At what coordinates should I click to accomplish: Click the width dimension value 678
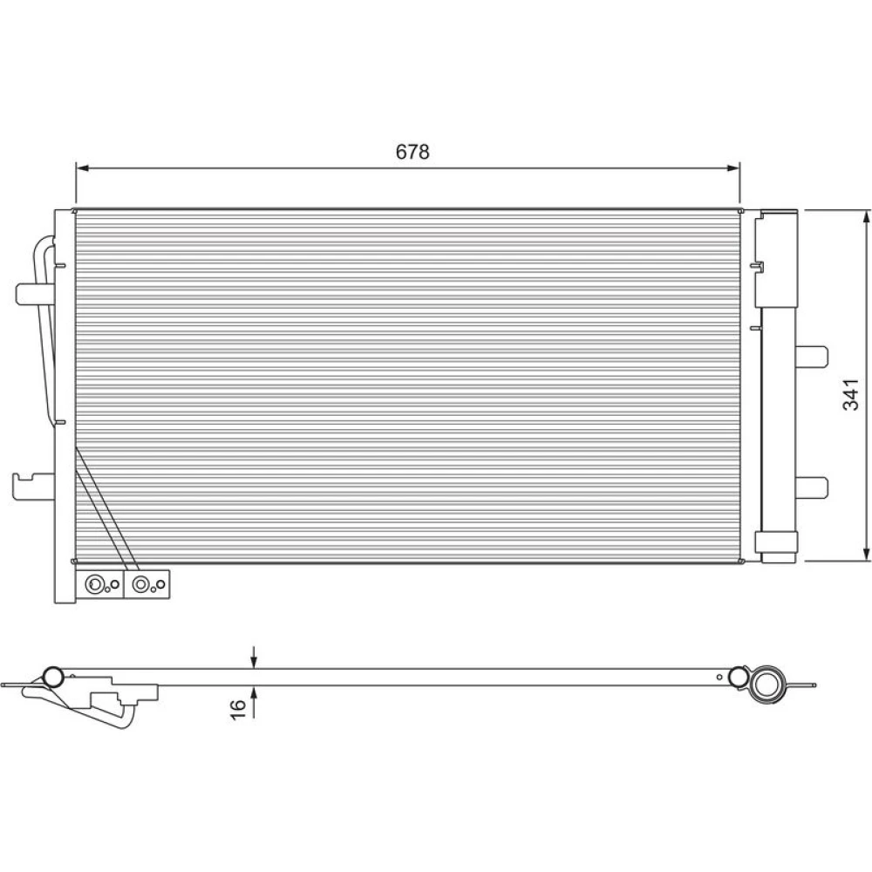[x=412, y=152]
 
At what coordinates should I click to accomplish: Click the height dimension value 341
[x=850, y=394]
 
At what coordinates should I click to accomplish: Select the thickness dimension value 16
[x=238, y=709]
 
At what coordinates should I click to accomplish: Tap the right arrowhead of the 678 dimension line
[x=733, y=167]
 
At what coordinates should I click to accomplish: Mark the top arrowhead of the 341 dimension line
[x=865, y=217]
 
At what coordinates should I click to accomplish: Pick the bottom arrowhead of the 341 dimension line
[x=865, y=554]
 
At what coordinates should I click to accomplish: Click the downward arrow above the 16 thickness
[x=254, y=657]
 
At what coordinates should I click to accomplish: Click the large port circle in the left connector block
[x=94, y=584]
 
